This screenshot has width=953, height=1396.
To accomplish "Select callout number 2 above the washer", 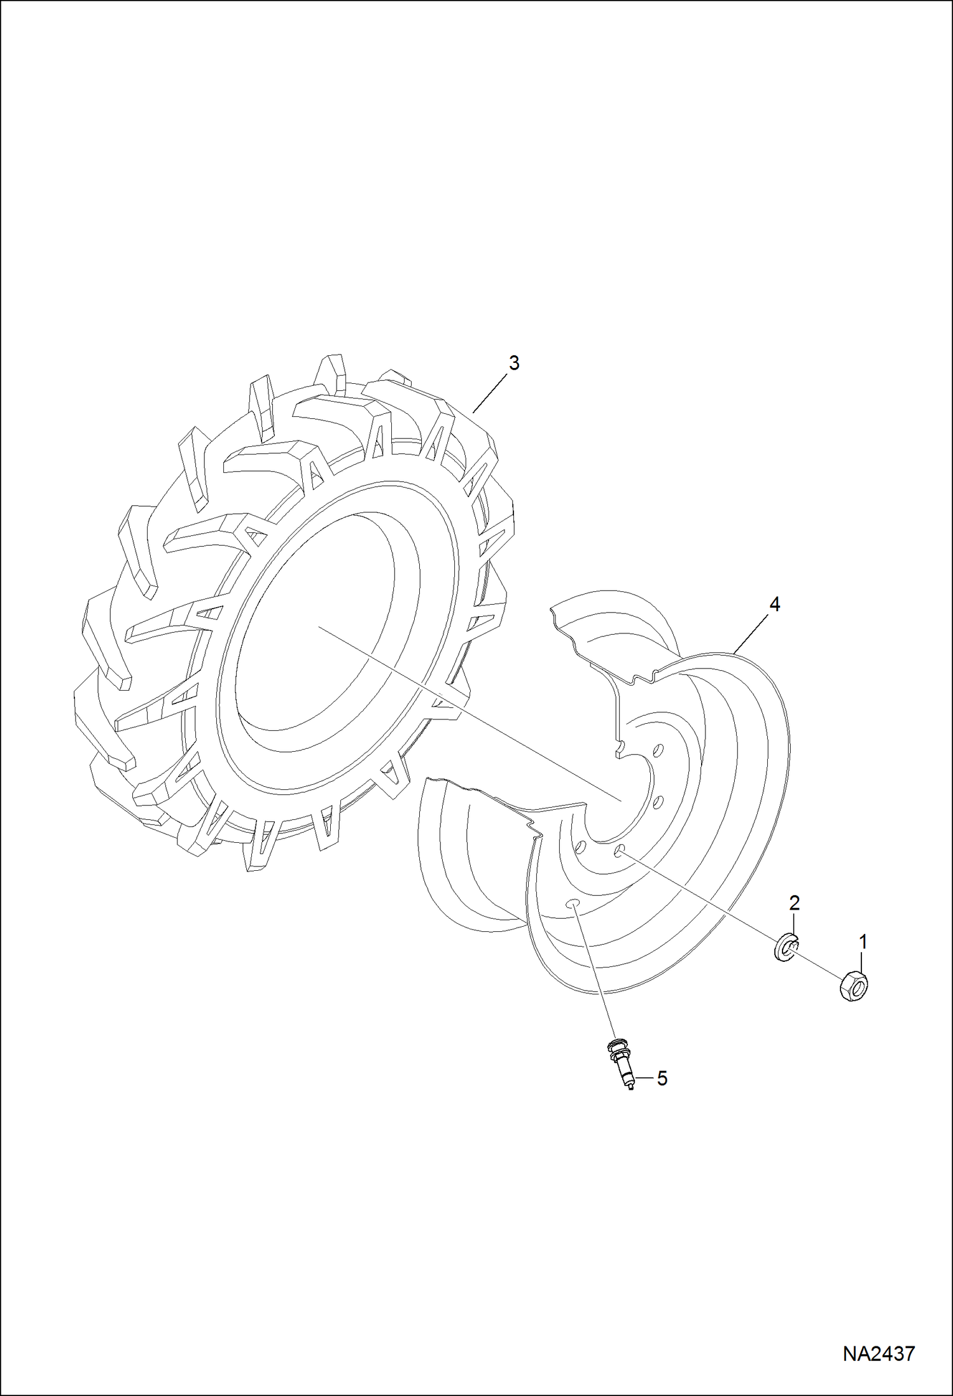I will pyautogui.click(x=794, y=903).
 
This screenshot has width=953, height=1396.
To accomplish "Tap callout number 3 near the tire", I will pyautogui.click(x=513, y=363).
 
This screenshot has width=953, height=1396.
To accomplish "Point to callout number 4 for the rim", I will pyautogui.click(x=774, y=605).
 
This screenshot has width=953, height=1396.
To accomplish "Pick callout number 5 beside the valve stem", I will pyautogui.click(x=662, y=1078).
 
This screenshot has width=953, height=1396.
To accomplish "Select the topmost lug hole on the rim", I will pyautogui.click(x=659, y=749).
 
